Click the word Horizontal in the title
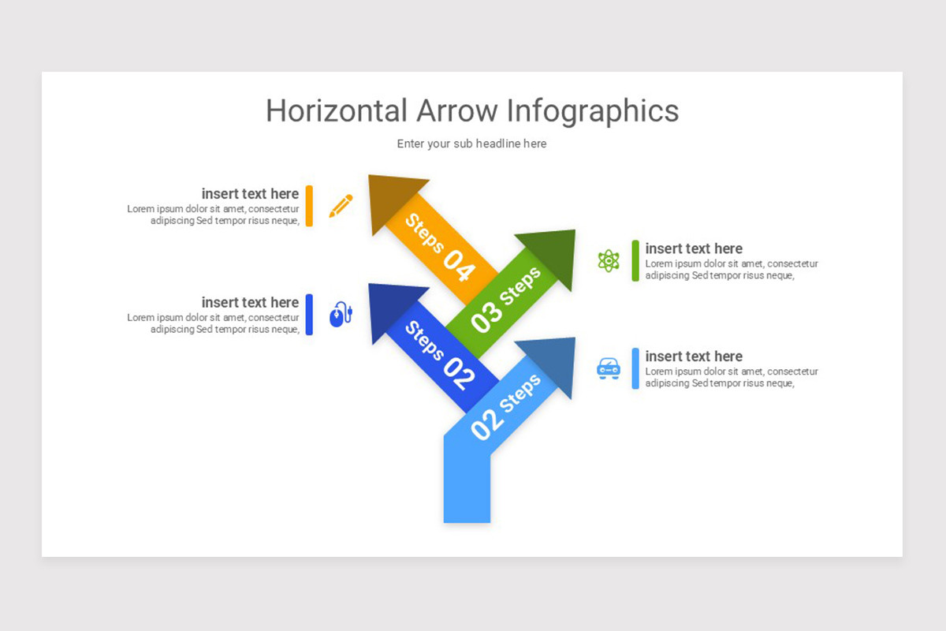(x=337, y=110)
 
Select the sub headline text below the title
(x=471, y=144)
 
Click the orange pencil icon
(x=341, y=206)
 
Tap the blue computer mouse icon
(x=340, y=314)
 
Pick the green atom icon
(x=609, y=260)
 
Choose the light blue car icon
(x=609, y=368)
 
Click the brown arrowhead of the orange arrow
(x=393, y=200)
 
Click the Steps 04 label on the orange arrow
(x=441, y=247)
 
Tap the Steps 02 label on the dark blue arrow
(x=440, y=355)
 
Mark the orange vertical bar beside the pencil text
(x=309, y=206)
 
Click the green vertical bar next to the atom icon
(x=635, y=260)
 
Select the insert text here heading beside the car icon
(x=694, y=357)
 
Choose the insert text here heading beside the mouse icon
(x=250, y=302)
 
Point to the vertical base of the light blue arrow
(x=467, y=489)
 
